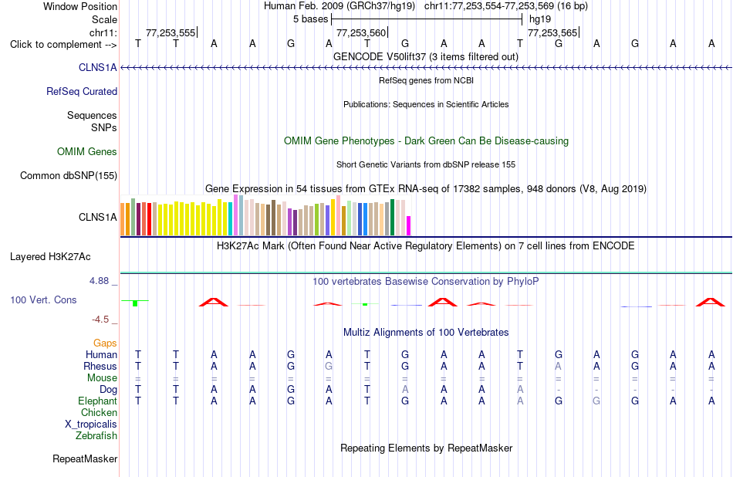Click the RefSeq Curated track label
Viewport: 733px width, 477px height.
click(82, 92)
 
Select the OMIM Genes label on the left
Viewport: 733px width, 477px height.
click(87, 151)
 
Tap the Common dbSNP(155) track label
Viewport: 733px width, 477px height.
click(69, 176)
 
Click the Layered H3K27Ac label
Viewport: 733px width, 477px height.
click(50, 257)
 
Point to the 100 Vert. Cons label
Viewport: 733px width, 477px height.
click(43, 299)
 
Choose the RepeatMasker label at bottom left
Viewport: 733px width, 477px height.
click(85, 458)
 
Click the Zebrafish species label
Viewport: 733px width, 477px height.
click(96, 436)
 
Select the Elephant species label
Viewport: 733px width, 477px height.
click(98, 401)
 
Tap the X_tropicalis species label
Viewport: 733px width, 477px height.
click(91, 425)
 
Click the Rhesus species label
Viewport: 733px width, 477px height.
click(100, 366)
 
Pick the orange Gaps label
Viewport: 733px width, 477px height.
click(105, 343)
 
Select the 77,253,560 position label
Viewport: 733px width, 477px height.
click(361, 32)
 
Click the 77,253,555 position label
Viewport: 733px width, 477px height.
click(171, 32)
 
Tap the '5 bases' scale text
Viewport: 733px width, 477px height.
click(311, 19)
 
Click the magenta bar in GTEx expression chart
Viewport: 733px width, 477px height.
click(409, 226)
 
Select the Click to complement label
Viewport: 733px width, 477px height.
click(63, 45)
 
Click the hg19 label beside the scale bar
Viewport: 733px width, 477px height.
click(540, 19)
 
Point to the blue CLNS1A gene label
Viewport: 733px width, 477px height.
click(98, 68)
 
